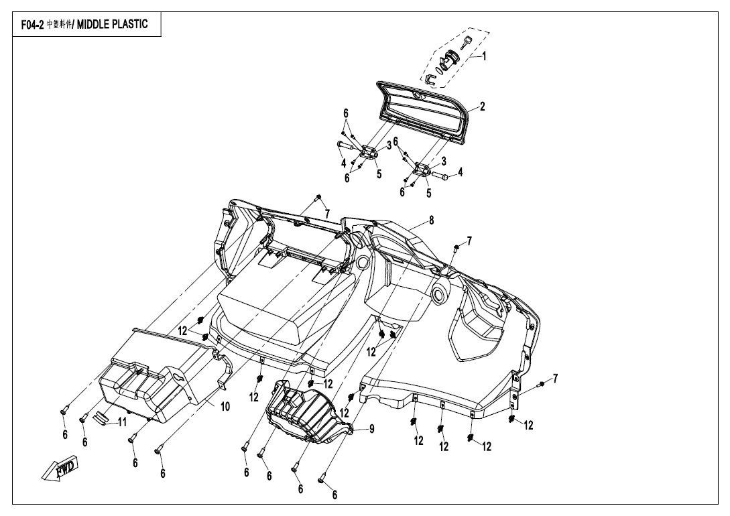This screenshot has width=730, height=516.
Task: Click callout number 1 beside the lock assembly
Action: point(485,57)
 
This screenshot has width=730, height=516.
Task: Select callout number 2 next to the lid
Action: point(482,106)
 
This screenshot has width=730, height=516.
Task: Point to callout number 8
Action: point(432,220)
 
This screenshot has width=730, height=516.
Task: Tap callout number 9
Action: point(371,428)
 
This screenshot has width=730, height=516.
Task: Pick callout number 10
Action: point(225,407)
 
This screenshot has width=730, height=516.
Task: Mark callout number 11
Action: point(122,422)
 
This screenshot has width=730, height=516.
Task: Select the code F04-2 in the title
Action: point(31,26)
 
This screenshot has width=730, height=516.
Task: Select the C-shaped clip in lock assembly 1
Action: point(432,80)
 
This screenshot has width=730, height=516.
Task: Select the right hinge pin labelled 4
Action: point(443,176)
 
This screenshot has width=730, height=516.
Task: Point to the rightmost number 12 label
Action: point(529,425)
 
